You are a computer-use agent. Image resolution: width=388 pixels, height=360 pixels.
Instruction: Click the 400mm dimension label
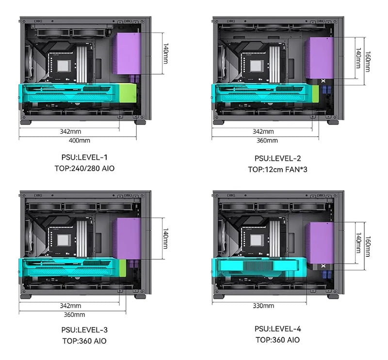(x=79, y=141)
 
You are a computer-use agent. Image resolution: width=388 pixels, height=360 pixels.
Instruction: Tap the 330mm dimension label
(x=263, y=306)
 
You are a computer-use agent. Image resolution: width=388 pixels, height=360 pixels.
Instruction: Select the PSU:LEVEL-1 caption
(x=84, y=157)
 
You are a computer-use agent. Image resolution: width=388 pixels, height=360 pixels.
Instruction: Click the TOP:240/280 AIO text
(x=84, y=169)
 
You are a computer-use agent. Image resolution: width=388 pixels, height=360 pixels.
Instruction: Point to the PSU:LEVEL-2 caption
(x=277, y=158)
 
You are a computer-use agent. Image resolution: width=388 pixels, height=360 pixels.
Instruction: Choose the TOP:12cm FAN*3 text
(x=277, y=170)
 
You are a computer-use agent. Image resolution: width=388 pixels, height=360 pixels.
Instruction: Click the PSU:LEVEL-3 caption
(x=84, y=330)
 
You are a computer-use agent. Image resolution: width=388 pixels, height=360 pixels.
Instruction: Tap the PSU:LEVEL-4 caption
(x=277, y=329)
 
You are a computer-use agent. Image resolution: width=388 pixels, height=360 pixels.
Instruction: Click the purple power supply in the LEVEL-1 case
(x=127, y=53)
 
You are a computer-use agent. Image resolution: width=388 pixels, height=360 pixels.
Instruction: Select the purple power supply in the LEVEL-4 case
(x=320, y=243)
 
